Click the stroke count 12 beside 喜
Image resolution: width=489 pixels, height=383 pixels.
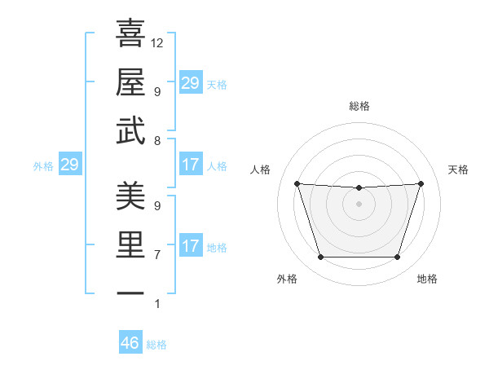[157, 42]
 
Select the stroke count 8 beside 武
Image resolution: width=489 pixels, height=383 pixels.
[157, 141]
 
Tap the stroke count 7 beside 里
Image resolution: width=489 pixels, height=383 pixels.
[157, 255]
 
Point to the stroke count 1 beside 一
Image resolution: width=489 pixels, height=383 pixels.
[157, 304]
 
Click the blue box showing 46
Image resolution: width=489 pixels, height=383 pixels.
[130, 343]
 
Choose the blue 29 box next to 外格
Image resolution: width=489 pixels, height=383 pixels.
[69, 165]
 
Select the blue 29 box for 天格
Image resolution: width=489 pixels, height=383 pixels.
[190, 83]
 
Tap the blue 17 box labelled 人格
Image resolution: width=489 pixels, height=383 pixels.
[190, 165]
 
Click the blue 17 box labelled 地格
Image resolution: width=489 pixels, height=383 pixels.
[190, 246]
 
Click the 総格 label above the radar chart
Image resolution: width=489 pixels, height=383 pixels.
[359, 106]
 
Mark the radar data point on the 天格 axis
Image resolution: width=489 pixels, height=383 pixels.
[421, 183]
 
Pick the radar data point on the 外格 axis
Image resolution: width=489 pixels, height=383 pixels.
[320, 258]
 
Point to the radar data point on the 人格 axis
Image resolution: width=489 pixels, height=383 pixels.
[297, 183]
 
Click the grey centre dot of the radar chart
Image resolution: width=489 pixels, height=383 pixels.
[359, 204]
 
